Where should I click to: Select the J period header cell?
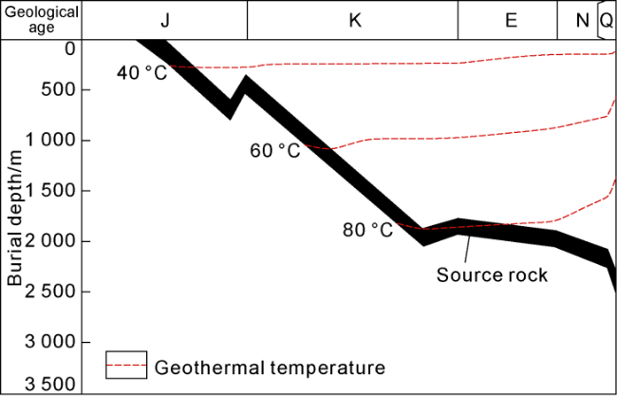click(x=165, y=20)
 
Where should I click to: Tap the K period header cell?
click(x=355, y=20)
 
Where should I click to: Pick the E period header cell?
click(x=511, y=20)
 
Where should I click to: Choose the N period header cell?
click(x=582, y=20)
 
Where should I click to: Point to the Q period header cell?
click(x=607, y=20)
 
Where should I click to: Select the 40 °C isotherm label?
click(x=141, y=72)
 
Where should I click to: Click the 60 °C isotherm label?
click(x=274, y=150)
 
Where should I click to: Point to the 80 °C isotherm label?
click(x=367, y=229)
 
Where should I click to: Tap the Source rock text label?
click(x=492, y=275)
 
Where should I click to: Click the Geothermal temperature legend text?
click(x=270, y=367)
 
